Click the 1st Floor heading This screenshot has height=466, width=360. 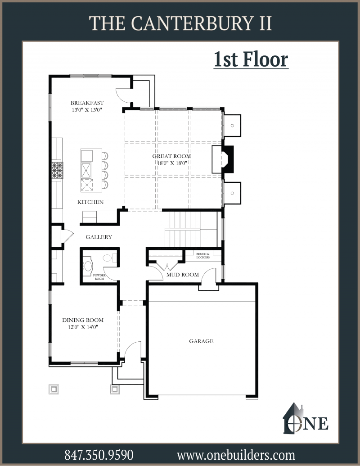tap(251, 59)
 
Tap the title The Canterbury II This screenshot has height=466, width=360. tap(180, 23)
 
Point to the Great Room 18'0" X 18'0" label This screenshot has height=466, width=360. tap(172, 159)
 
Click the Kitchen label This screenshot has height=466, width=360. tap(90, 202)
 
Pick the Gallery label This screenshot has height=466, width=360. tap(99, 237)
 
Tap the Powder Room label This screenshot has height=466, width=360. tap(99, 277)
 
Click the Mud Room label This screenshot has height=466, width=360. tap(183, 275)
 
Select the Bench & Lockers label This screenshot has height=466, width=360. tap(203, 256)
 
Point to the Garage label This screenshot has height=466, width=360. tap(202, 341)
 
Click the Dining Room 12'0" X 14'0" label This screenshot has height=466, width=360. tap(83, 324)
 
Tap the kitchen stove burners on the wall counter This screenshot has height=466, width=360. tap(57, 170)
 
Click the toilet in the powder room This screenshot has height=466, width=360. tap(110, 258)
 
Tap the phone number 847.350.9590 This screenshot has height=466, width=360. tap(99, 455)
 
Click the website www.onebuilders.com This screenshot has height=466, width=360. tap(236, 455)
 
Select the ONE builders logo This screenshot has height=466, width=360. tap(306, 418)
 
